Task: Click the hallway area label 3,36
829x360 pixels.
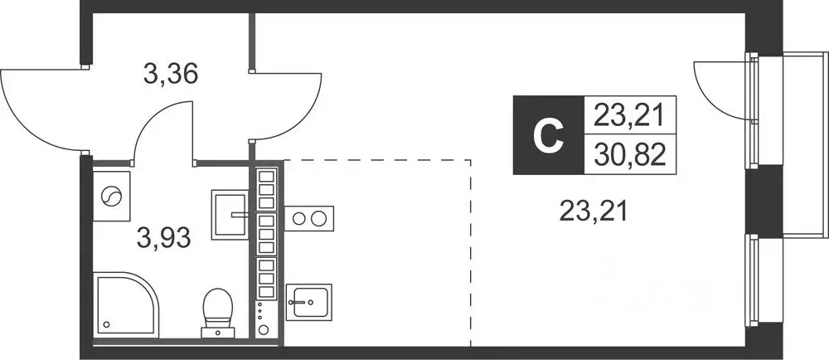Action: (170, 75)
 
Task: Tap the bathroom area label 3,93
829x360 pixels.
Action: (164, 239)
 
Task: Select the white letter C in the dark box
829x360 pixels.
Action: (548, 135)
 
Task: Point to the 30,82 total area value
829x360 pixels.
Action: (629, 155)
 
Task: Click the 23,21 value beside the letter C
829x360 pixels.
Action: (628, 115)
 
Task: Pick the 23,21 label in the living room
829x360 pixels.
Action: (594, 213)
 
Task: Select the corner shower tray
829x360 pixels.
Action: (126, 304)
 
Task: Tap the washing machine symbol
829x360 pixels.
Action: (112, 196)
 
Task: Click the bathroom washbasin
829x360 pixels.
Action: (230, 215)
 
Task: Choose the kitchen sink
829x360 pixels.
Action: (308, 302)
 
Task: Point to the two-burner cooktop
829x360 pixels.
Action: (309, 218)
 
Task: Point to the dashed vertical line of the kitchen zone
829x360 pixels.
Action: (471, 253)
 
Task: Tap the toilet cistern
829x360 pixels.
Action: (218, 333)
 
